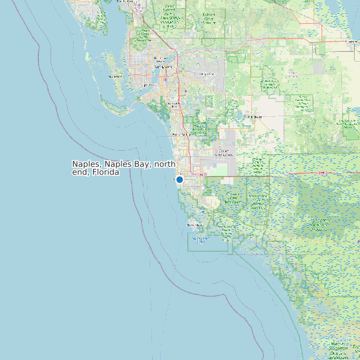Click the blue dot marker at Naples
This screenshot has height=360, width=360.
click(x=179, y=179)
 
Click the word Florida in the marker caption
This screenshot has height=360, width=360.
click(x=106, y=172)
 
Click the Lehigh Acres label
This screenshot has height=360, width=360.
click(x=207, y=74)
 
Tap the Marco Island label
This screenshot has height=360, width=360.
click(x=195, y=225)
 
